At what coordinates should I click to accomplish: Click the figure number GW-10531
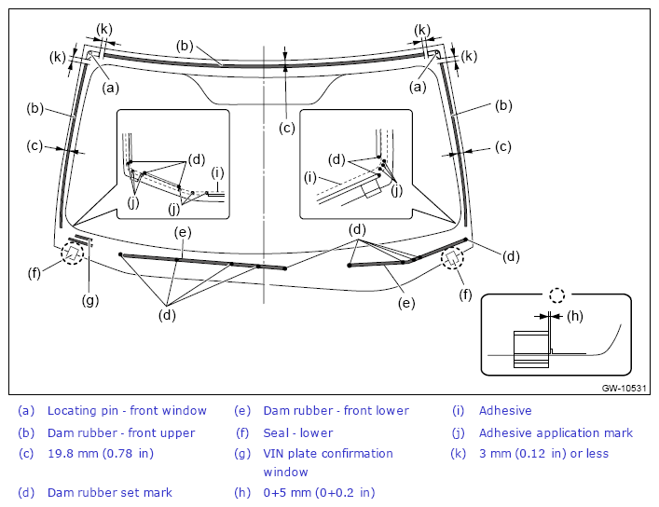tap(624, 388)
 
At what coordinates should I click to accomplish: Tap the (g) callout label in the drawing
tap(90, 300)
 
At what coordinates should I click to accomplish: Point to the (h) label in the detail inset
tap(575, 316)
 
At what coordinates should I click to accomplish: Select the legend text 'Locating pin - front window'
tap(127, 410)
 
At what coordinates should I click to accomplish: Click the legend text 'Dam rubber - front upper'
tap(121, 432)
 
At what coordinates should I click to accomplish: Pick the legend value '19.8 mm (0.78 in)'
tap(101, 453)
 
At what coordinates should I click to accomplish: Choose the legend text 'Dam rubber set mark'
tap(110, 492)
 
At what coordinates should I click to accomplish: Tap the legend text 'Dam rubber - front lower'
tap(336, 410)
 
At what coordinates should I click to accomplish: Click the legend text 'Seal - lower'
tap(298, 432)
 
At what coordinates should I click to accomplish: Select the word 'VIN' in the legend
tap(274, 453)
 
